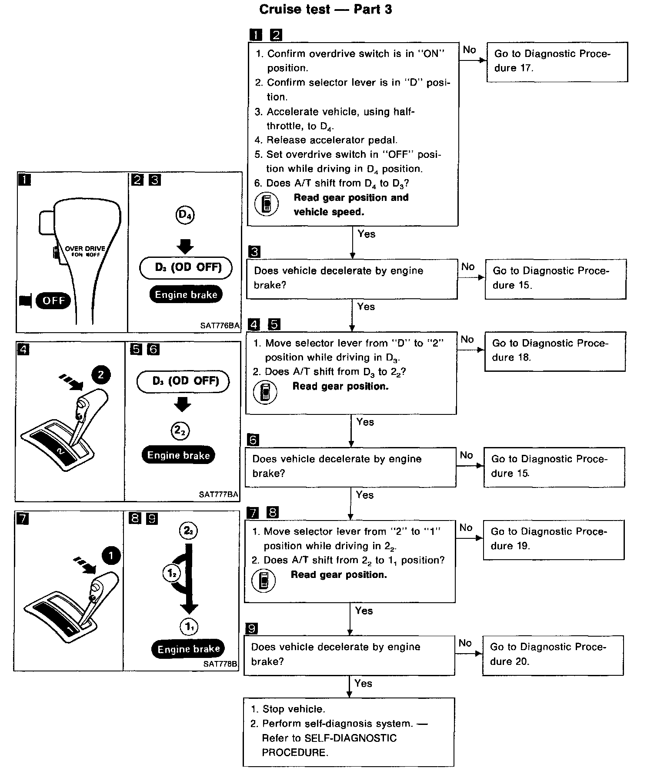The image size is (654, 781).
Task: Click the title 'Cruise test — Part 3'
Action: [x=325, y=10]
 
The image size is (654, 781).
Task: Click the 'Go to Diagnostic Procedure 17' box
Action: [x=557, y=62]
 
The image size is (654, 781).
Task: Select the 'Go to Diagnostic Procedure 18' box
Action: [x=554, y=351]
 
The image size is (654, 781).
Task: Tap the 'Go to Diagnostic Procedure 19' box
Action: [x=553, y=540]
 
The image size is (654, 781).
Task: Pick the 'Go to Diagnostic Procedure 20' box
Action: [x=552, y=655]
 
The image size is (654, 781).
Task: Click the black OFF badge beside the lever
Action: [x=53, y=300]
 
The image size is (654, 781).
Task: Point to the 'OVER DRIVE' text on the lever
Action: [x=85, y=249]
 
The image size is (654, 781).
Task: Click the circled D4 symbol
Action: [x=185, y=215]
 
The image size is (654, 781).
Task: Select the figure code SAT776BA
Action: [x=220, y=325]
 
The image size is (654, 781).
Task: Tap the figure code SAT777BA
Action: [x=218, y=494]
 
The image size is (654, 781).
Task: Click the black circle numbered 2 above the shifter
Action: [x=101, y=375]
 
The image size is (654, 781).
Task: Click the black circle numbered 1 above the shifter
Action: [x=111, y=555]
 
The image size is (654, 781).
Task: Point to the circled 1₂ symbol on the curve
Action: [x=172, y=574]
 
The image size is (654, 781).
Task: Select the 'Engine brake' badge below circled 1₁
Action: [x=188, y=649]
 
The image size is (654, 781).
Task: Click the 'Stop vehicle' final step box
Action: [x=348, y=732]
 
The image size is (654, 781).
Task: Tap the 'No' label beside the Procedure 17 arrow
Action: [x=469, y=50]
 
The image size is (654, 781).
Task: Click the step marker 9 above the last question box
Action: [x=252, y=628]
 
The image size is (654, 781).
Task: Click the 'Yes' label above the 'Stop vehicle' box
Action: [x=363, y=683]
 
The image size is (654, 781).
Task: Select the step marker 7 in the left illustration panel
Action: [x=22, y=518]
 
